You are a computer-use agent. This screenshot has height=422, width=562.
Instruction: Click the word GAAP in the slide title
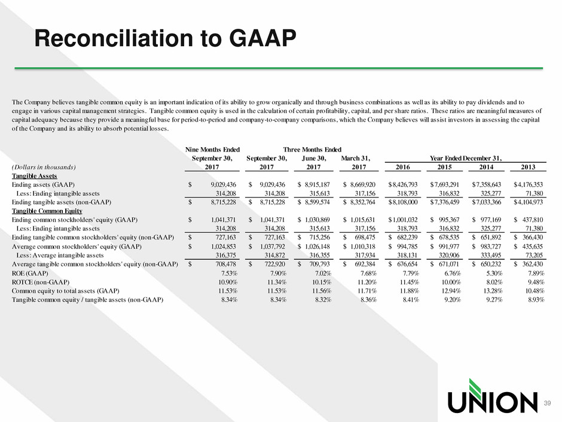(x=262, y=38)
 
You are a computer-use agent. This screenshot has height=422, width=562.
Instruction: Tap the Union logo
(x=493, y=396)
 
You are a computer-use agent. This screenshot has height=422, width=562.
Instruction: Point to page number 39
(x=547, y=403)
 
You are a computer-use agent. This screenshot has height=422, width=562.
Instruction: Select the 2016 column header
(x=402, y=167)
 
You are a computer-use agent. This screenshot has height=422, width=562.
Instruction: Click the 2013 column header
(x=528, y=167)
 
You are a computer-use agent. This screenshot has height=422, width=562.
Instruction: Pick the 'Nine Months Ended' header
(x=212, y=150)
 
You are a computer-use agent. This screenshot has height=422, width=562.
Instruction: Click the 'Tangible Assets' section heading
(x=35, y=176)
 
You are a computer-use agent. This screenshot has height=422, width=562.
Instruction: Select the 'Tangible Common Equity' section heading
(x=47, y=211)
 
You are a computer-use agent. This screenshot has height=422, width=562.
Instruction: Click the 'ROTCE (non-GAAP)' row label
(x=41, y=282)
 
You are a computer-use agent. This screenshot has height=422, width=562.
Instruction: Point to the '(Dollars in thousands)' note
(x=44, y=167)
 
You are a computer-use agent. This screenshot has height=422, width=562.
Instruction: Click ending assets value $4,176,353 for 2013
(x=529, y=185)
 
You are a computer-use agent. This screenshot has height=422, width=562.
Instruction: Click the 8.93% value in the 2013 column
(x=536, y=300)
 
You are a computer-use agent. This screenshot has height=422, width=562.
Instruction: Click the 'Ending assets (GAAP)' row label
(x=44, y=185)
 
